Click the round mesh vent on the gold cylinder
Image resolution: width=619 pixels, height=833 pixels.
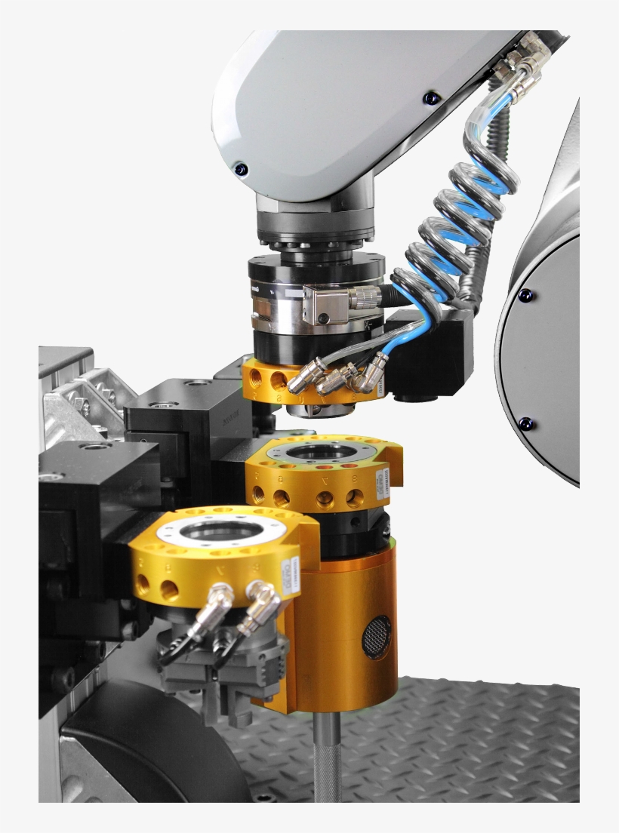click(x=377, y=636)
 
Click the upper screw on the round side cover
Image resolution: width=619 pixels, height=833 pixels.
click(x=526, y=295)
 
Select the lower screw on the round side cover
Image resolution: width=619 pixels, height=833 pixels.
click(x=525, y=424)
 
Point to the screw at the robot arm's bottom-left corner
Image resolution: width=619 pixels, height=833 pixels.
click(x=240, y=168)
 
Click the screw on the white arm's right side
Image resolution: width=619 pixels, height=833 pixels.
click(x=431, y=98)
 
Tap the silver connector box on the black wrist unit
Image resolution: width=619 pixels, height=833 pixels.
click(x=321, y=305)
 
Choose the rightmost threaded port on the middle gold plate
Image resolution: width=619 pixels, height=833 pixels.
click(x=355, y=497)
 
